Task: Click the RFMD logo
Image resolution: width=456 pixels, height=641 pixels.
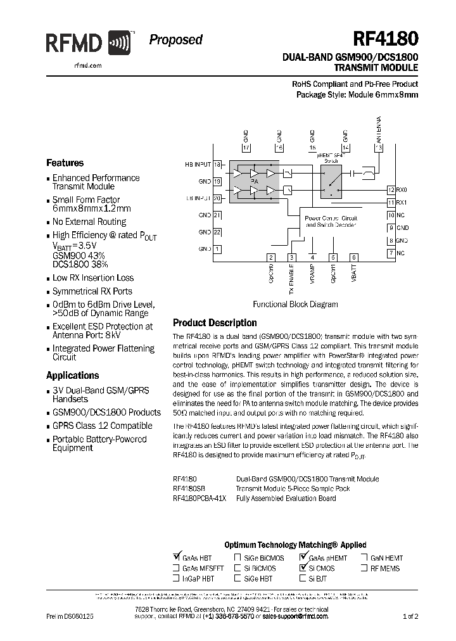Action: pos(88,43)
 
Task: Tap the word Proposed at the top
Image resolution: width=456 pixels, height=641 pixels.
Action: pos(175,40)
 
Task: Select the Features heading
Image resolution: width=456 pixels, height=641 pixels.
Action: pos(65,163)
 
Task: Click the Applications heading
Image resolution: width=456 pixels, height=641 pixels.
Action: pos(73,375)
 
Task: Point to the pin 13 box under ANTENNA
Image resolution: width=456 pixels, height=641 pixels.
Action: pos(379,148)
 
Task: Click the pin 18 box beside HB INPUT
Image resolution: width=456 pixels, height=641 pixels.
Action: pos(217,165)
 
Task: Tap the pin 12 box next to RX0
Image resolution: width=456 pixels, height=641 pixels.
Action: pos(391,189)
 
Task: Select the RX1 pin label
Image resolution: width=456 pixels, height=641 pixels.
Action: pos(402,202)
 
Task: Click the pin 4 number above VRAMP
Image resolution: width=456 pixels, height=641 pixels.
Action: pos(312,257)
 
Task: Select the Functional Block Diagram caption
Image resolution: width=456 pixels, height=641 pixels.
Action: pos(295,304)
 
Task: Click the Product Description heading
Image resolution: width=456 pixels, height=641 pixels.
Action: pos(215,322)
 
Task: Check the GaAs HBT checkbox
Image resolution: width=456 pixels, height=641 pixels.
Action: pos(177,557)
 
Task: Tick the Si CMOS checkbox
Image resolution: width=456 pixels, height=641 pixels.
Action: pos(303,568)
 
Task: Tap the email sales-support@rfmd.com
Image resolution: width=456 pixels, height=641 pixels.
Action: pos(295,616)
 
